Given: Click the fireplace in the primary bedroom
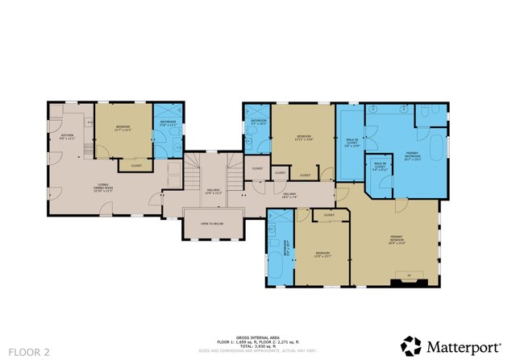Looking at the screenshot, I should tap(408, 280).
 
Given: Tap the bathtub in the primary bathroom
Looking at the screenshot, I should tap(436, 151).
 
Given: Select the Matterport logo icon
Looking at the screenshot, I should tap(411, 346).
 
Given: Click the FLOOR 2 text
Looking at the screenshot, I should tap(29, 352).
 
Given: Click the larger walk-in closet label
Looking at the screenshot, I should tap(352, 146).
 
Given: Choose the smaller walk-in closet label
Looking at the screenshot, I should tap(381, 168).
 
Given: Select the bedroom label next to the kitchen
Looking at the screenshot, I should tap(123, 127).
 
